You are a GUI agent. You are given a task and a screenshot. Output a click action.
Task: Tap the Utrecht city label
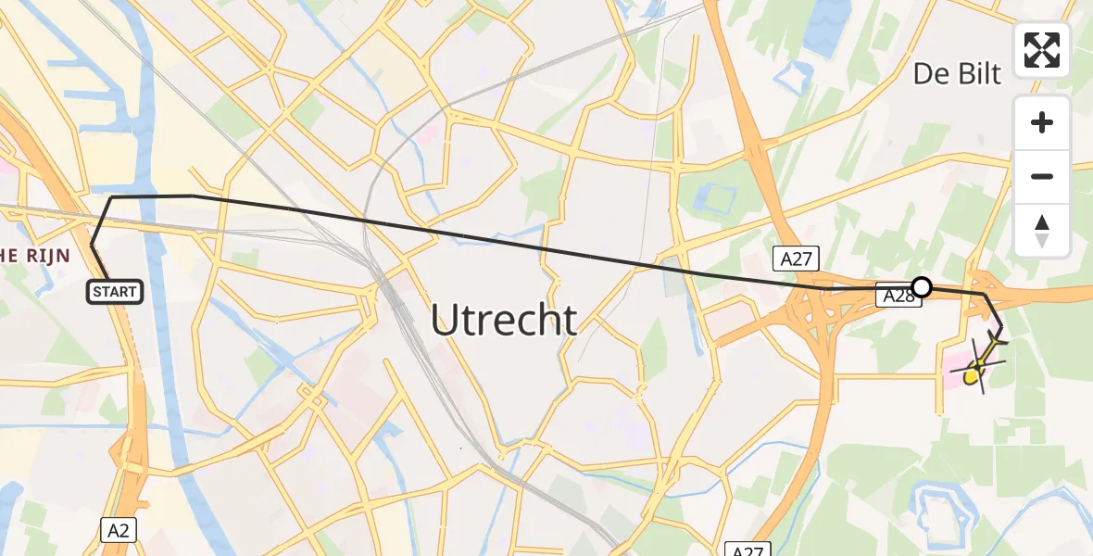click(x=504, y=321)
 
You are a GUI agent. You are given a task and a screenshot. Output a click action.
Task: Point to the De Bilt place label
click(x=957, y=74)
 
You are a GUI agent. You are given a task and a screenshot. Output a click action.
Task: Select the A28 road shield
click(x=898, y=297)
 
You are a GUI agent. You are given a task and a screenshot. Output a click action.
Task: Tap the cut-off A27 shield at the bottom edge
click(x=747, y=550)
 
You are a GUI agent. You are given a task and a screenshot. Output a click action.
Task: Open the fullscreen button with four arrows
click(x=1042, y=49)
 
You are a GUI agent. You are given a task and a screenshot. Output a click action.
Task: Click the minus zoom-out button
click(x=1042, y=176)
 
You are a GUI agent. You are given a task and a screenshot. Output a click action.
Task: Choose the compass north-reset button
click(x=1042, y=230)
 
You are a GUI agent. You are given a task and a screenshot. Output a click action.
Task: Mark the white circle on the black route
click(x=922, y=286)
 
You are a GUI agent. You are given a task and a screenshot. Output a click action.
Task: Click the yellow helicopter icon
click(x=979, y=366)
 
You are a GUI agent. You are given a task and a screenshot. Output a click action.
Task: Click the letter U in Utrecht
click(x=445, y=321)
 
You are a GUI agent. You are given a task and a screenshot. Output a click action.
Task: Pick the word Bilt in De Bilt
click(x=979, y=74)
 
